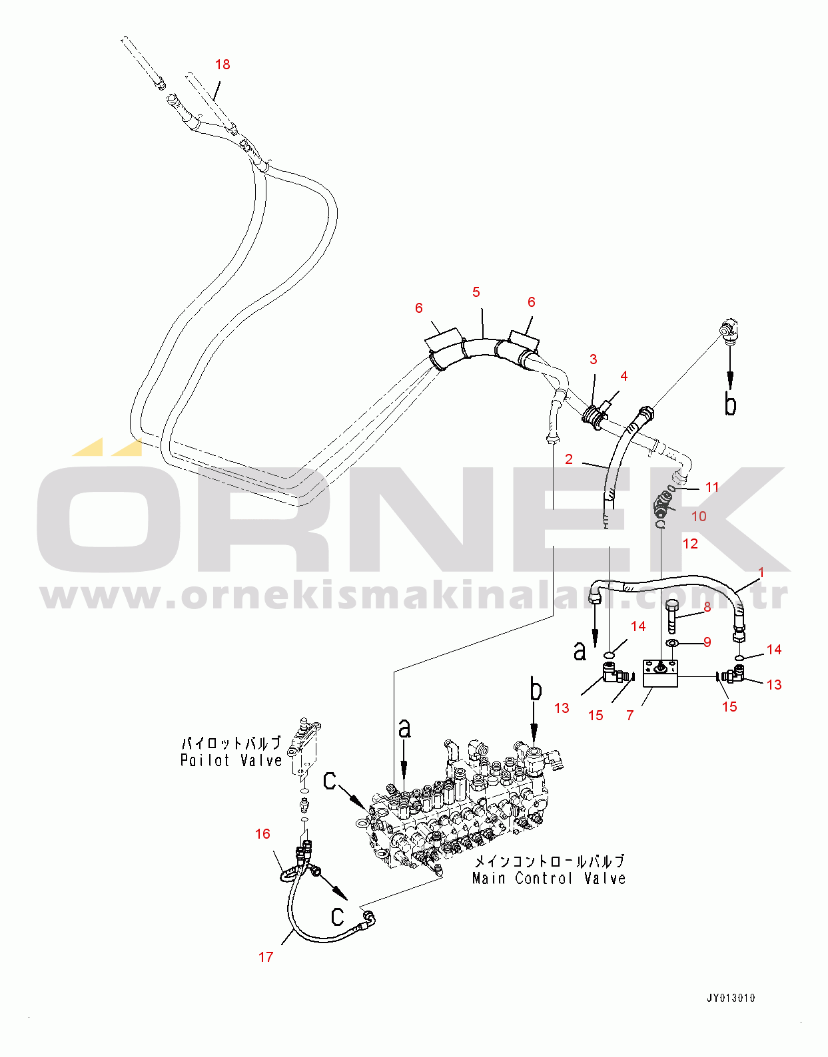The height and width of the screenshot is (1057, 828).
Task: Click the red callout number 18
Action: click(x=222, y=64)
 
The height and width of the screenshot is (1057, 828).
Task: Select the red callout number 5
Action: click(x=476, y=292)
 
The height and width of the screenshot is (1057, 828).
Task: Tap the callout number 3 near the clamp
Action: click(x=593, y=359)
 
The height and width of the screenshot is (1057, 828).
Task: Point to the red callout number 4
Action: click(x=623, y=375)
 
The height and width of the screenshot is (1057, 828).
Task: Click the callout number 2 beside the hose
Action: click(x=569, y=459)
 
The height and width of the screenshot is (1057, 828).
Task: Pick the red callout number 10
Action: click(x=699, y=516)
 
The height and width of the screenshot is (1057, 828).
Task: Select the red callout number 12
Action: click(x=690, y=543)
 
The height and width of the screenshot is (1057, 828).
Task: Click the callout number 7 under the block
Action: click(x=630, y=715)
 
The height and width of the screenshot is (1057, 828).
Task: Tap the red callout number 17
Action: click(x=266, y=956)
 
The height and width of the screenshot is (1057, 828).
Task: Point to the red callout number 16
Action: click(x=262, y=834)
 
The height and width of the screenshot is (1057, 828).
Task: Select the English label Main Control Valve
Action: click(x=549, y=878)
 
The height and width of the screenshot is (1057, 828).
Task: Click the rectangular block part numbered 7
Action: click(x=661, y=673)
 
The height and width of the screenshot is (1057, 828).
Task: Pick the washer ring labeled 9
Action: click(x=673, y=644)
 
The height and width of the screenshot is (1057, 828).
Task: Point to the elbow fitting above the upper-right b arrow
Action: click(x=729, y=331)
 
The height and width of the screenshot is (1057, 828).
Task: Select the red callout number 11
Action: click(x=712, y=487)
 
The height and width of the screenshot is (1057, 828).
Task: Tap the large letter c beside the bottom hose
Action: click(x=337, y=916)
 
